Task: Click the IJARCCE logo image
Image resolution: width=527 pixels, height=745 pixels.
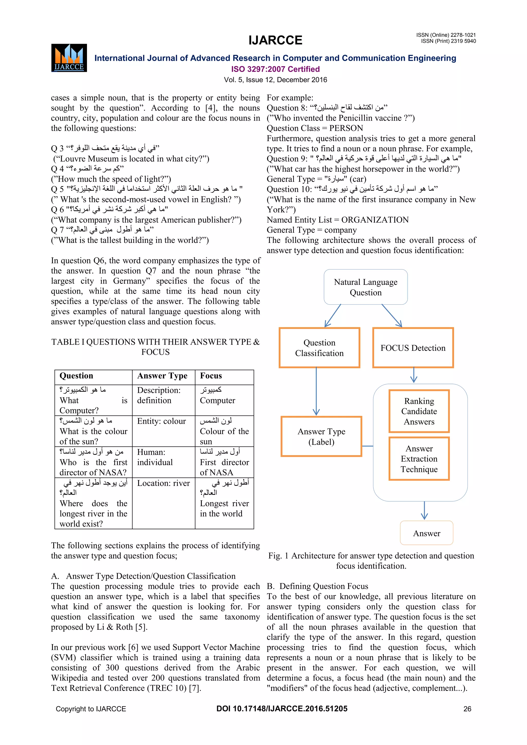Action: [x=69, y=58]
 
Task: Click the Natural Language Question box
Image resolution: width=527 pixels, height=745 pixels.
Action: [x=365, y=287]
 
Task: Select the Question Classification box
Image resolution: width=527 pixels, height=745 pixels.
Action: [x=319, y=348]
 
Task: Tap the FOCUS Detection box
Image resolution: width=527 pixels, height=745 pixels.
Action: [x=413, y=348]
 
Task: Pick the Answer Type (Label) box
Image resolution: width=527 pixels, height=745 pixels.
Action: [x=321, y=436]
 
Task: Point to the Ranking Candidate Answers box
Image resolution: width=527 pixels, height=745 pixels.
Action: [x=419, y=411]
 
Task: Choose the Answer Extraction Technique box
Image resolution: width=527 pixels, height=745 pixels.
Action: [x=419, y=459]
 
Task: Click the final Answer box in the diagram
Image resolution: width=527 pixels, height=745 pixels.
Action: [x=426, y=533]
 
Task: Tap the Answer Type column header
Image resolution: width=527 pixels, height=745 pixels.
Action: [x=162, y=376]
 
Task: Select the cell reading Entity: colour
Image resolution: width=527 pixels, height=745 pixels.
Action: [x=161, y=421]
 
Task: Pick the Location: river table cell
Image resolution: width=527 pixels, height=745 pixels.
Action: [x=163, y=483]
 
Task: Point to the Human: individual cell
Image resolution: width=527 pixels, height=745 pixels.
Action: [x=155, y=457]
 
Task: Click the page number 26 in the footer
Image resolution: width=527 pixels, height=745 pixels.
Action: [x=467, y=709]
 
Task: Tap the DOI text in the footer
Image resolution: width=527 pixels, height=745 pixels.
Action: [x=282, y=709]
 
